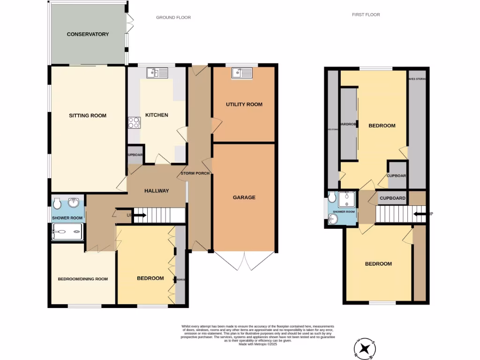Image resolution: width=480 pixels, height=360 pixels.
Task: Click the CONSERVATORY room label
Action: (x=88, y=34)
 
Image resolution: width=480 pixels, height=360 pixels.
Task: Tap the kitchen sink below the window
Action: (x=157, y=73)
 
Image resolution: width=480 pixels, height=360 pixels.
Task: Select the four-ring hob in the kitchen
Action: (x=134, y=122)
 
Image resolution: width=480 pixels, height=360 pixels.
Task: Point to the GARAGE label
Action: (x=244, y=197)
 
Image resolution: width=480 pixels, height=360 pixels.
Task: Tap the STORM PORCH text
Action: (x=195, y=173)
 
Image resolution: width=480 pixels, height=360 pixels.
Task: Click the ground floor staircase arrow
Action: (x=139, y=216)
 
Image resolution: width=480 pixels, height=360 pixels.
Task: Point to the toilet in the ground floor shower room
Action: (x=57, y=204)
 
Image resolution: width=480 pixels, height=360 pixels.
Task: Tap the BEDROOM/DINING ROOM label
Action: (x=82, y=279)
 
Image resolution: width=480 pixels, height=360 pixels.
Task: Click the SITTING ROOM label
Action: (x=88, y=116)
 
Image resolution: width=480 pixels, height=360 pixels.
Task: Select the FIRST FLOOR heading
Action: (x=366, y=15)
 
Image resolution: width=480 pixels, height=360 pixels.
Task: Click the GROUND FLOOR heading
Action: (x=173, y=18)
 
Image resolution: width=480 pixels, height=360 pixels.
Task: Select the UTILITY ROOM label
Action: (x=244, y=104)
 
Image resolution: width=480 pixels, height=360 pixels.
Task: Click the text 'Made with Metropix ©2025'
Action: (x=258, y=344)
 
